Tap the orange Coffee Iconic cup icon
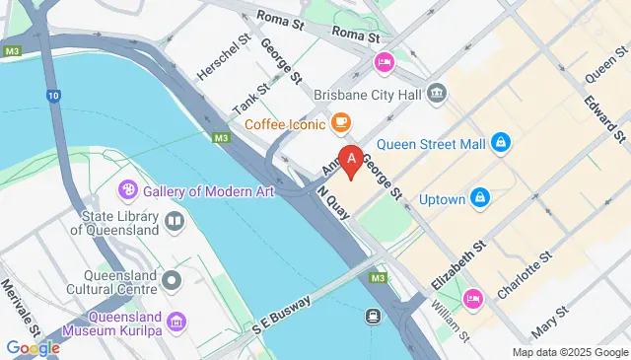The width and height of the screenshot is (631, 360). coord(340,123)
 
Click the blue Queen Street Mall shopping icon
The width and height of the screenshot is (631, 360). coord(501,144)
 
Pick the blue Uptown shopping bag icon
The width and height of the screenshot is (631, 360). coord(480,198)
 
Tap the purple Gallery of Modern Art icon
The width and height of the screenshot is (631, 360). coord(128,190)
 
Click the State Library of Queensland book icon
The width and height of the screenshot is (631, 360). coord(174,220)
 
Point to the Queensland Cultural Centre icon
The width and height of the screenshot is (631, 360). coord(174,281)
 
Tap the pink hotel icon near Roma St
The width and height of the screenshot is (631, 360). coord(384,63)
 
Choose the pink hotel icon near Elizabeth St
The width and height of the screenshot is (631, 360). coord(473,298)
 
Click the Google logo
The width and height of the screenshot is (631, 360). coord(33,347)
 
